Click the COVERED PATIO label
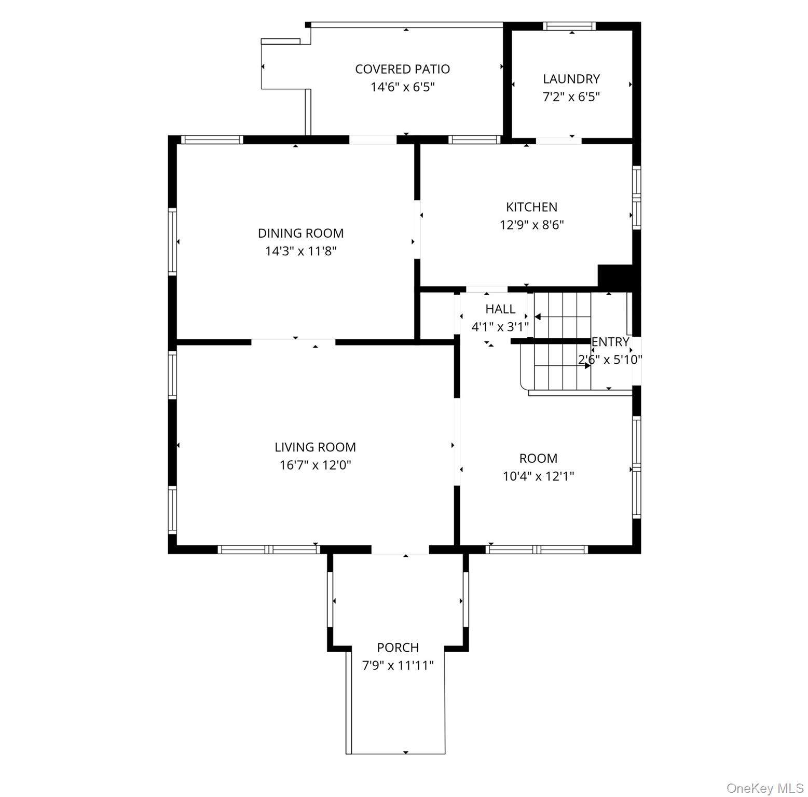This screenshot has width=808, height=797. coord(402,69)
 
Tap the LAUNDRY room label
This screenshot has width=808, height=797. coord(571,79)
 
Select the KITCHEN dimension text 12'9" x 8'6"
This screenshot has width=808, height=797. coord(531,225)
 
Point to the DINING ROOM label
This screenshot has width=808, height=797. coord(300,233)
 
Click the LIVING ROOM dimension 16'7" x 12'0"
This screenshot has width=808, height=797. coord(315,465)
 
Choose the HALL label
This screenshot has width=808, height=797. coord(500,309)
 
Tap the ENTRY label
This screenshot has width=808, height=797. coord(611,342)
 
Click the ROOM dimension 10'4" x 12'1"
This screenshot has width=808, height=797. coord(538,476)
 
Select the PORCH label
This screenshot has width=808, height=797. coord(398,648)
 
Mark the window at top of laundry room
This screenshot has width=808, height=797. coord(569,26)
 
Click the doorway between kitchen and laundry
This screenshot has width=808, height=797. coord(558,140)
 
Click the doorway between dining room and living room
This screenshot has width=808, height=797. coord(293,342)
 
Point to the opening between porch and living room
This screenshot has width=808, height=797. coord(400,550)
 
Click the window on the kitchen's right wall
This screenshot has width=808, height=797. coord(636,198)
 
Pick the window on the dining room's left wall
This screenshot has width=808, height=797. coord(172,241)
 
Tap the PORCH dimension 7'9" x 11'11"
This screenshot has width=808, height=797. coord(398,665)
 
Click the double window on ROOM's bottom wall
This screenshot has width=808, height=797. coord(537,549)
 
